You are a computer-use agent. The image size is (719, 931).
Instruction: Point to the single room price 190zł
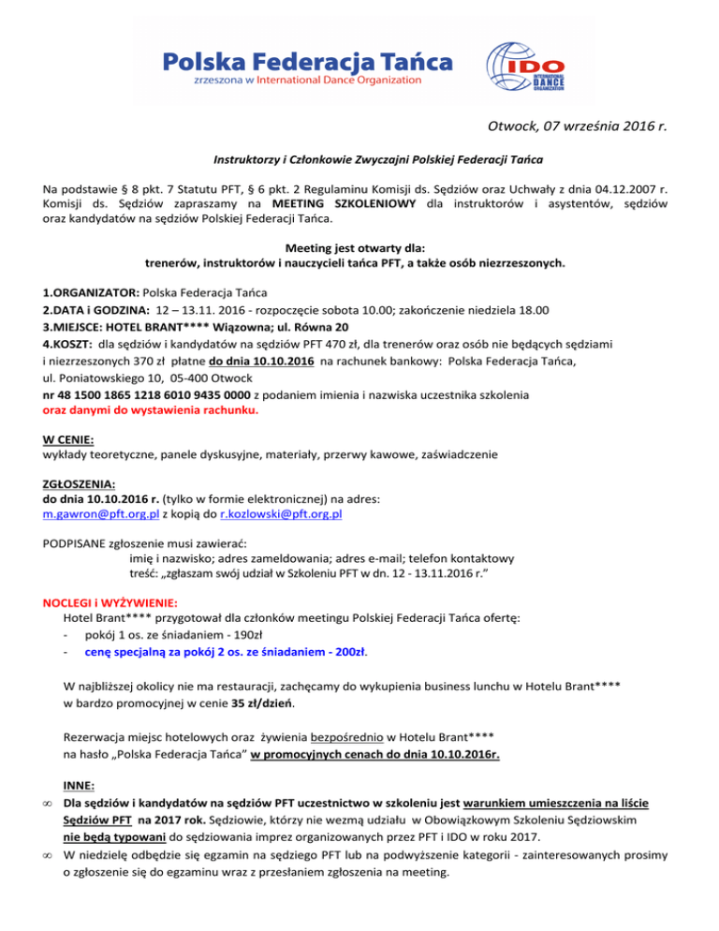pyautogui.click(x=256, y=635)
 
